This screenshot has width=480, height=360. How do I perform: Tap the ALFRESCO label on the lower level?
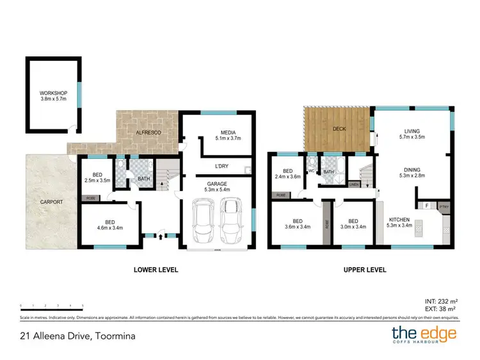click(x=147, y=132)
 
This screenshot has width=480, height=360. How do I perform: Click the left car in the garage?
click(x=204, y=221)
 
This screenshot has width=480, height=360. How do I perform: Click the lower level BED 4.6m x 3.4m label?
click(x=109, y=227)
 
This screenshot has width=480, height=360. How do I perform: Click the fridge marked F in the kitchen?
click(x=427, y=206)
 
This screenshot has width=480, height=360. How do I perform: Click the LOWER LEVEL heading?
click(x=156, y=270)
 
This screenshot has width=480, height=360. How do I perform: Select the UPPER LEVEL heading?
click(x=365, y=270)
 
